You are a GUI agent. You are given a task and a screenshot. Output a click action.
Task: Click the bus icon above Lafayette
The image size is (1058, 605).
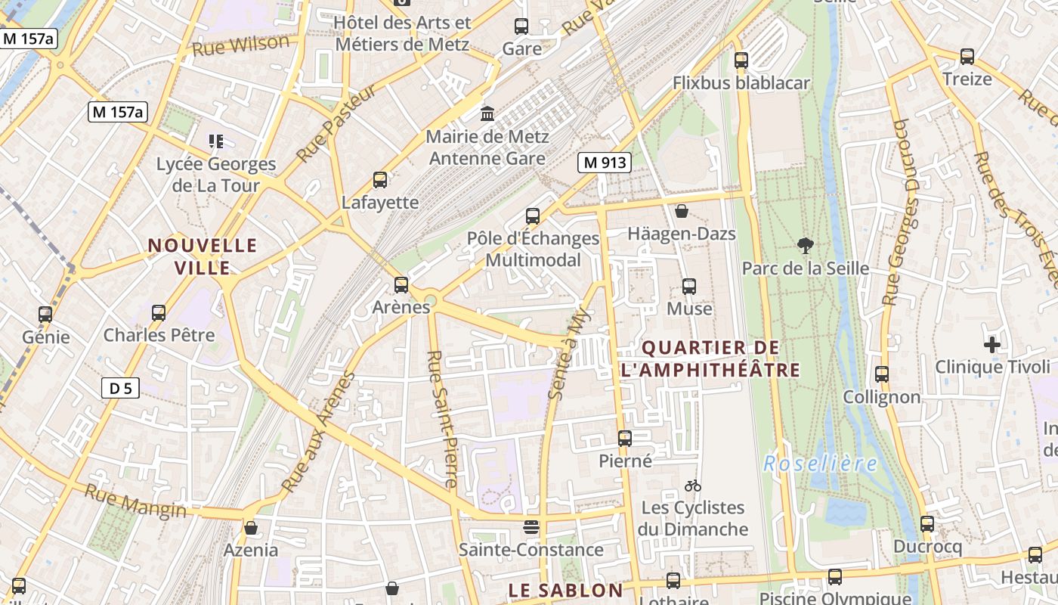tap(380, 180)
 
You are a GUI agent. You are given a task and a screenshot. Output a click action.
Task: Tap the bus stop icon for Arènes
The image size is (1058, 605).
tap(401, 285)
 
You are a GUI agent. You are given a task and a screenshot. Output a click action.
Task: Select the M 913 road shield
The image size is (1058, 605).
tap(605, 162)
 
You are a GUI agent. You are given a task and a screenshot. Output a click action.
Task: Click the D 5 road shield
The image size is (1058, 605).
tap(120, 389)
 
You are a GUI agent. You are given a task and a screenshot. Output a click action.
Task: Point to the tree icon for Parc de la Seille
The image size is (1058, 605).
tap(806, 245)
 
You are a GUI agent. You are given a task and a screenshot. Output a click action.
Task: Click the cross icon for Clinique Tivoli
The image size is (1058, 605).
tap(992, 345)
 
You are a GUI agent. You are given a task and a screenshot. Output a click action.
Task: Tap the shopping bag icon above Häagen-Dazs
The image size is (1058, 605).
tap(682, 211)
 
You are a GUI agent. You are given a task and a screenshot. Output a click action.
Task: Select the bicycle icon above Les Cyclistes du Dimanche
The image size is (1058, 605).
tap(692, 486)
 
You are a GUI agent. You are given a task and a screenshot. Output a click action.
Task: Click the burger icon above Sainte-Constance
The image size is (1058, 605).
tap(531, 527)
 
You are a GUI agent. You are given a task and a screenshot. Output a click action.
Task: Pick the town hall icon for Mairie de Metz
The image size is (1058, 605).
tap(487, 113)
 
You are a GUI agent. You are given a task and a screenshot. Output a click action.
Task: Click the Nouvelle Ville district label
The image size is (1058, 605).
tap(203, 256)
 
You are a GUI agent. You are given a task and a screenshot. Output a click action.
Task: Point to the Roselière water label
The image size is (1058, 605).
tap(820, 464)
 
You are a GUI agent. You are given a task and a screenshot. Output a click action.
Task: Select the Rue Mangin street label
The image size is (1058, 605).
tap(135, 501)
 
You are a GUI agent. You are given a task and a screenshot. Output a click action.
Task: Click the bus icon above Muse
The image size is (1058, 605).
tap(689, 287)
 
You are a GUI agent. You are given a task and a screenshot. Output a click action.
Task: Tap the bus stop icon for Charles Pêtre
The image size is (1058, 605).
tap(159, 312)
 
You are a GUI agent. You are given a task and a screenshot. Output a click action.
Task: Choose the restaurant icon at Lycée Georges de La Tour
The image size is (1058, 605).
tap(216, 141)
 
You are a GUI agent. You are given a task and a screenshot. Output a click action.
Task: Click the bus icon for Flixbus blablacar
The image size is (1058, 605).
tap(741, 60)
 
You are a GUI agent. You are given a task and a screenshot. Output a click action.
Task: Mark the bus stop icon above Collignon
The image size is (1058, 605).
tap(882, 374)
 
